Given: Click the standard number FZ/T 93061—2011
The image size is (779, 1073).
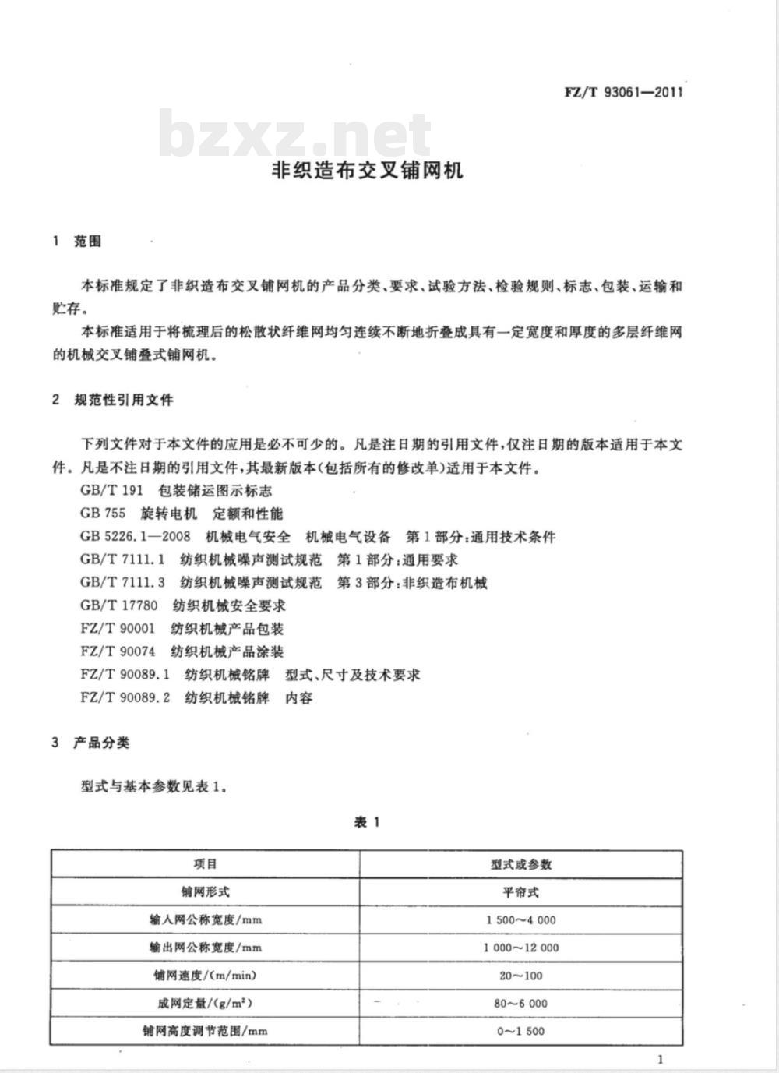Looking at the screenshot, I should pyautogui.click(x=623, y=92).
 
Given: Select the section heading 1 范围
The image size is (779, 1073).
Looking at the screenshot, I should pyautogui.click(x=77, y=242).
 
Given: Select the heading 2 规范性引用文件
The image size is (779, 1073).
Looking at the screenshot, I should pyautogui.click(x=112, y=401).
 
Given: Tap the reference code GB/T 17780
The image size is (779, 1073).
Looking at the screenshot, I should pyautogui.click(x=118, y=605).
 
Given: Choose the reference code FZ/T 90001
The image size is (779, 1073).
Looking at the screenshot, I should pyautogui.click(x=118, y=629).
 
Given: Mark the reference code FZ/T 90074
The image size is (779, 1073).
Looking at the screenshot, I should pyautogui.click(x=118, y=651).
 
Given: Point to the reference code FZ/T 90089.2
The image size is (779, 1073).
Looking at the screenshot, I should pyautogui.click(x=125, y=697).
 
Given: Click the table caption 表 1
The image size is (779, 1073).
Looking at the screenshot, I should pyautogui.click(x=366, y=823).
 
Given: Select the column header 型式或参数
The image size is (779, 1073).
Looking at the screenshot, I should pyautogui.click(x=521, y=864).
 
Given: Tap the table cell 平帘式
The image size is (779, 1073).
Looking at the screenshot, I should pyautogui.click(x=521, y=892).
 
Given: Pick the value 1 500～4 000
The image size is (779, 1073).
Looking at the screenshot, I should pyautogui.click(x=521, y=920).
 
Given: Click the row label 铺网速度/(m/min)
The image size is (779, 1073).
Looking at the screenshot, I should pyautogui.click(x=206, y=976).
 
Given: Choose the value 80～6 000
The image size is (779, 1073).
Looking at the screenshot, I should pyautogui.click(x=521, y=1004).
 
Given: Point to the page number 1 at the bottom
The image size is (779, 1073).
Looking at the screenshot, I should pyautogui.click(x=660, y=1059).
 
